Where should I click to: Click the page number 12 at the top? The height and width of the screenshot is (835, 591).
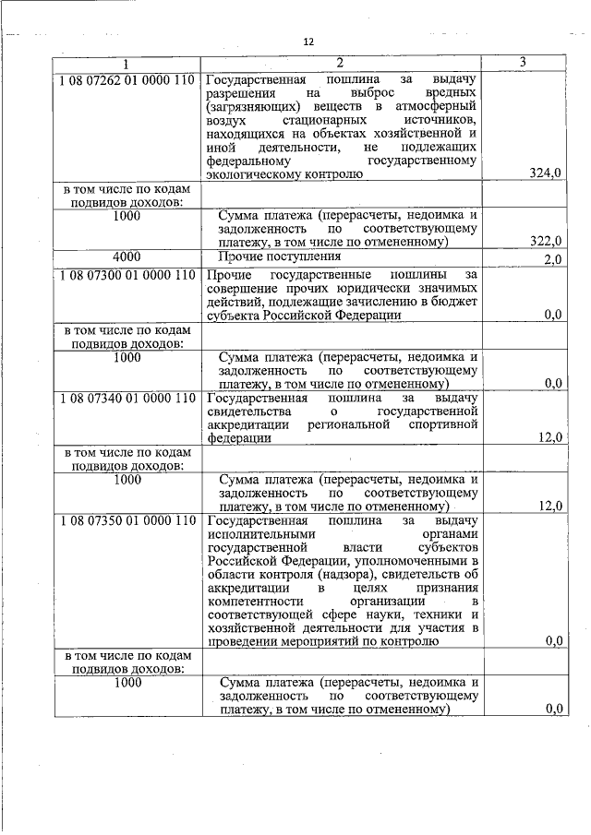click(308, 42)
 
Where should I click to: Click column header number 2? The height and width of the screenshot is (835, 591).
click(340, 63)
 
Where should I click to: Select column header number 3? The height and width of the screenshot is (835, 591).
click(523, 63)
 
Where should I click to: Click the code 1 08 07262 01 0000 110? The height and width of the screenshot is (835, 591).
click(127, 79)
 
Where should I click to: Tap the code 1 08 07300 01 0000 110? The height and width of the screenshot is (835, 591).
click(127, 275)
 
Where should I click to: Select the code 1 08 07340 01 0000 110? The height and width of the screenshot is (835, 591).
click(127, 398)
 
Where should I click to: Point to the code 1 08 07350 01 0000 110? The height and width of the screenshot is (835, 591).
click(127, 520)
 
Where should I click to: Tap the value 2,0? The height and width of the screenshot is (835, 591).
click(553, 260)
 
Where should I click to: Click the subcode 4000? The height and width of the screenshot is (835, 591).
click(127, 256)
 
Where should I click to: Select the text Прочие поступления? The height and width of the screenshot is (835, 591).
click(279, 256)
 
